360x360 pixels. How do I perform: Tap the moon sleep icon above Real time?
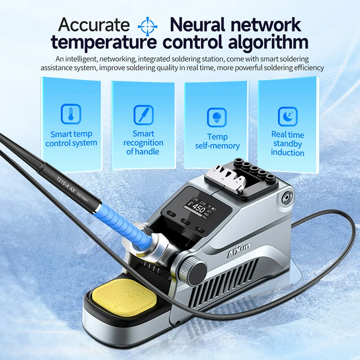[288, 116]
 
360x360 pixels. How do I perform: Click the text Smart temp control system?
[71, 139]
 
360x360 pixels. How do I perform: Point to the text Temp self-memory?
[217, 141]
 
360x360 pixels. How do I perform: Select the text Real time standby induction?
[288, 144]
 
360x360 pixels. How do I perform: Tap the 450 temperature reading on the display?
[198, 209]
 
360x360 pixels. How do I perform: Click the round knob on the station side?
[193, 268]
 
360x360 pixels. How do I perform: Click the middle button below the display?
[184, 221]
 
